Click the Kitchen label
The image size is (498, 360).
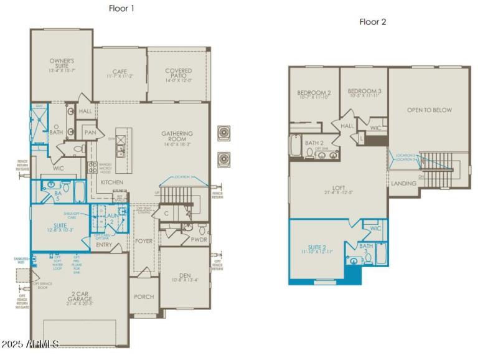(x=112, y=182)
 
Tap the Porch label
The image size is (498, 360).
(x=144, y=296)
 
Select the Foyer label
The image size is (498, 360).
(x=144, y=240)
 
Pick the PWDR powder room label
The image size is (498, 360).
(x=199, y=239)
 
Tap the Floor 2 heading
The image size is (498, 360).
(x=372, y=22)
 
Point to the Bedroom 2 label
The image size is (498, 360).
(x=313, y=95)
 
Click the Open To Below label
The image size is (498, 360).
(x=430, y=110)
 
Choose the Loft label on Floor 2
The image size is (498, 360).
(x=338, y=188)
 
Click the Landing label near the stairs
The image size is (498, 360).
(x=403, y=184)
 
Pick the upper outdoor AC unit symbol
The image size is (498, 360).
(x=223, y=135)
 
